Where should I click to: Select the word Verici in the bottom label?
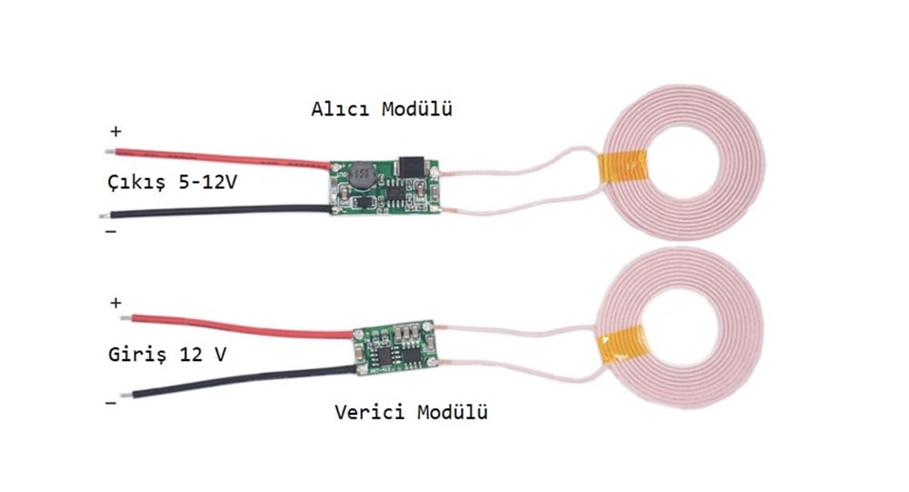368,413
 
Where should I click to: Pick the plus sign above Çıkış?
115,132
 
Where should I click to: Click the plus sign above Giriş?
115,303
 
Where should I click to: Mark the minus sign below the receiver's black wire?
111,232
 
